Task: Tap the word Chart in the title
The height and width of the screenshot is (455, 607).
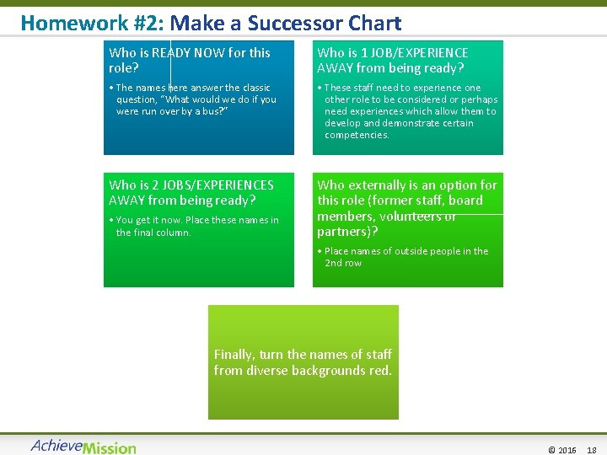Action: click(x=375, y=23)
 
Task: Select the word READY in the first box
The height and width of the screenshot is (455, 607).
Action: click(x=173, y=52)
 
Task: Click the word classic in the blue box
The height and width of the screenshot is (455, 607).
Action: click(x=253, y=88)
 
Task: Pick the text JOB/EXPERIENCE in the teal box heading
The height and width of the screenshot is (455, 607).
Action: click(x=414, y=52)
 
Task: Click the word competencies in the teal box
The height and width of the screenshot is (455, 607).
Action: click(x=356, y=135)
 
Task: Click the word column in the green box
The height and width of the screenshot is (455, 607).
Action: click(x=174, y=233)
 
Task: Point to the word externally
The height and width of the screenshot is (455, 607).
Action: click(x=379, y=185)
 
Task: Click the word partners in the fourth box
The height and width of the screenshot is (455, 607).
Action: click(x=343, y=231)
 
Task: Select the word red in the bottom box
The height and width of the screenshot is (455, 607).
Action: click(x=381, y=370)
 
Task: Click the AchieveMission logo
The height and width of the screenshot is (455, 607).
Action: click(x=83, y=446)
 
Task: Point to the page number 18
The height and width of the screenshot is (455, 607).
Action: click(x=591, y=450)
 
